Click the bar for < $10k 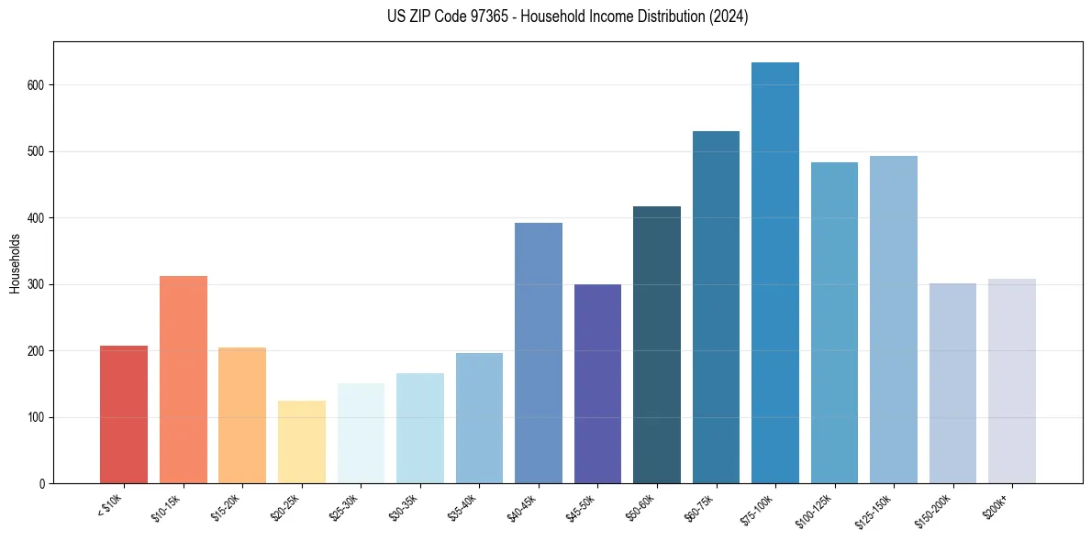pyautogui.click(x=124, y=414)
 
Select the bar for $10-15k pyautogui.click(x=183, y=380)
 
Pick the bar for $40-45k pyautogui.click(x=538, y=353)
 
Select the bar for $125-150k pyautogui.click(x=893, y=320)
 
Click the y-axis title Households pyautogui.click(x=16, y=262)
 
